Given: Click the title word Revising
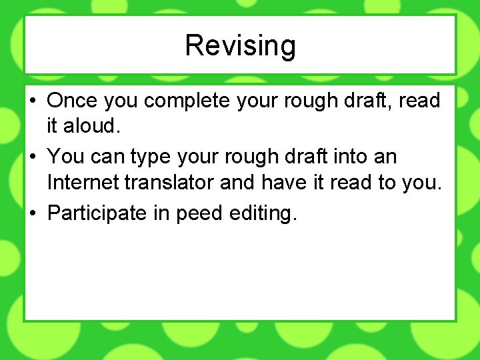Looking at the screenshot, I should click(240, 46).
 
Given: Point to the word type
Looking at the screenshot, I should click(151, 158).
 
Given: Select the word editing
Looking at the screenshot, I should click(262, 213).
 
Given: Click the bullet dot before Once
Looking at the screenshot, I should click(33, 101).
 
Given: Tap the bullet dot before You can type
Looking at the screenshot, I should click(33, 158).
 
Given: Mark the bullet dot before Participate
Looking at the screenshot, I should click(33, 214).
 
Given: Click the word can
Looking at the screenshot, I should click(105, 157).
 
